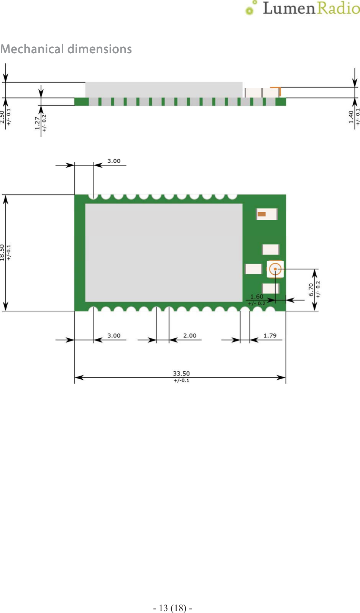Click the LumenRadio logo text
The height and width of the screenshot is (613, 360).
click(x=311, y=8)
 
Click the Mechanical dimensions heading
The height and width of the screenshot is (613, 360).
click(x=66, y=49)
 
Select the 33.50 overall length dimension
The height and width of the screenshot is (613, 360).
click(x=181, y=373)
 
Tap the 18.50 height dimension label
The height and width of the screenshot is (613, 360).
click(x=3, y=253)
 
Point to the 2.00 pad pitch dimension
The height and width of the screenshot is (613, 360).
click(x=189, y=336)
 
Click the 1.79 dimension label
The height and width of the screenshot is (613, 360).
click(x=270, y=336)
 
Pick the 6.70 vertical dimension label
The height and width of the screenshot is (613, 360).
click(x=311, y=290)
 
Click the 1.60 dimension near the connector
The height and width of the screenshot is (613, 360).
click(x=256, y=297)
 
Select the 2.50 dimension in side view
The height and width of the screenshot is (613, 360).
click(x=3, y=117)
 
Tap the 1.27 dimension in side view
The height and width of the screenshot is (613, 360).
click(x=37, y=123)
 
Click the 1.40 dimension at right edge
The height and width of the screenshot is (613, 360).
click(x=351, y=117)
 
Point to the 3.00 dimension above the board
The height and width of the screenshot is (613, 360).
click(x=113, y=161)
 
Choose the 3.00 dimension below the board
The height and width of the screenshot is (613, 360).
click(x=113, y=336)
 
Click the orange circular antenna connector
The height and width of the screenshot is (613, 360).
click(x=275, y=269)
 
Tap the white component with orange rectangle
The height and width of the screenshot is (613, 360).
click(x=266, y=214)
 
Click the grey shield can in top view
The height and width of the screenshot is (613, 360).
click(x=164, y=253)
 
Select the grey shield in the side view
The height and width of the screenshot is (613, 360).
click(x=164, y=90)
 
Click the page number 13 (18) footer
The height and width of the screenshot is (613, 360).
click(x=173, y=608)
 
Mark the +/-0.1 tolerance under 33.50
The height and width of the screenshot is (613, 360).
click(x=181, y=380)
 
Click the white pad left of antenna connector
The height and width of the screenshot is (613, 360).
click(x=253, y=269)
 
